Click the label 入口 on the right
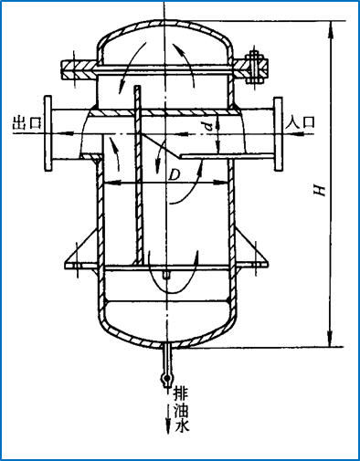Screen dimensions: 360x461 point(301,122)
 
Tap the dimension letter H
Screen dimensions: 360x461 point(321,190)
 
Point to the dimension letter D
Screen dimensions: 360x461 point(175,175)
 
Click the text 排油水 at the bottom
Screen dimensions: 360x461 point(181,409)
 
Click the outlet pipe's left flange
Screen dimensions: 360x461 point(48,133)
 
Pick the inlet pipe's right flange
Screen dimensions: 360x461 point(278,133)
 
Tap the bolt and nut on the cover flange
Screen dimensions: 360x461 point(253,67)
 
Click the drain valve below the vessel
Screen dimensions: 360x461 point(167,365)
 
